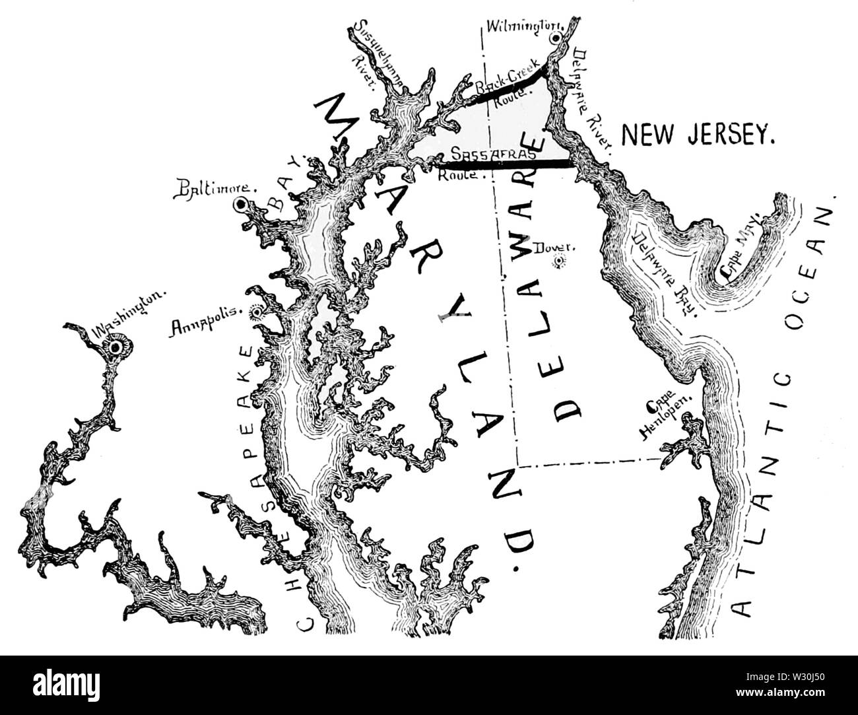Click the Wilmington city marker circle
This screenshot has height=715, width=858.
tap(556, 38)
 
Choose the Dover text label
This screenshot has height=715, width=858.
tap(558, 248)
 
